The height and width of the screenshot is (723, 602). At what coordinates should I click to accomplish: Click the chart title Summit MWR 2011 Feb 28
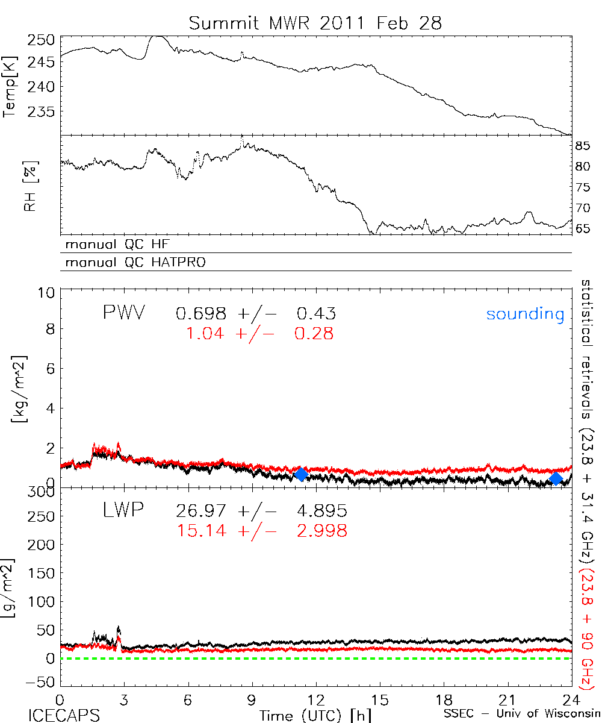tap(315, 23)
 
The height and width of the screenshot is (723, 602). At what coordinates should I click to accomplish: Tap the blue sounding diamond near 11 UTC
tap(301, 474)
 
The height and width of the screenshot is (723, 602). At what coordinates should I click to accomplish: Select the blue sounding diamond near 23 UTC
tap(556, 478)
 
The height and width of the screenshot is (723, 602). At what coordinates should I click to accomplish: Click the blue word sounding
tap(526, 314)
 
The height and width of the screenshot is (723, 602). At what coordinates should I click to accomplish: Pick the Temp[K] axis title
tap(10, 87)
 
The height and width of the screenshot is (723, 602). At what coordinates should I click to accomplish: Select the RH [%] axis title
tap(10, 184)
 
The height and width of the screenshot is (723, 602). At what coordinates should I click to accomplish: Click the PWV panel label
tap(124, 312)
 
